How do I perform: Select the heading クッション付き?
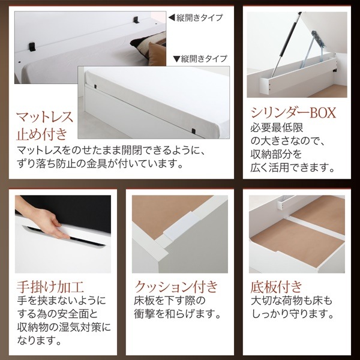coord(177,284)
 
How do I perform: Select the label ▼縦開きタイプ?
coord(200,59)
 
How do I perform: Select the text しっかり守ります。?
coord(290,313)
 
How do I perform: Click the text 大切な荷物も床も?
coord(290,299)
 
